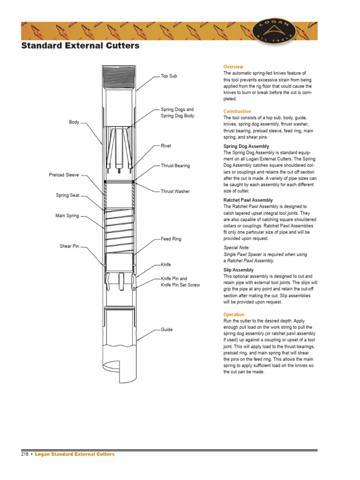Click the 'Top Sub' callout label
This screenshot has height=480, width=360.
[x=169, y=76]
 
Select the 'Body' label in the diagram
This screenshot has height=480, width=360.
[x=74, y=122]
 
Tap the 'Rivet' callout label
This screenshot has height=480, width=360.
[x=166, y=146]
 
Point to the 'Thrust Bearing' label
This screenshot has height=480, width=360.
[x=175, y=166]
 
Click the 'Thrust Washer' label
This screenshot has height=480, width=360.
[x=175, y=191]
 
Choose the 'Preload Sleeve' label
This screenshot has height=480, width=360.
[x=64, y=175]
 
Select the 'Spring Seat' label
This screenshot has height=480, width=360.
[x=67, y=195]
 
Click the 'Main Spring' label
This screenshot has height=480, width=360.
[x=67, y=216]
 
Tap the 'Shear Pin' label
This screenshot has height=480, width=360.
[x=69, y=246]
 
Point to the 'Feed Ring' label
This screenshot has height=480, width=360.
[x=171, y=239]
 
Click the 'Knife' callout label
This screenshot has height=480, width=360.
[x=166, y=264]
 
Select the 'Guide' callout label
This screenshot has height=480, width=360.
[x=166, y=330]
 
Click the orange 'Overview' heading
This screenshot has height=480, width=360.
[x=233, y=67]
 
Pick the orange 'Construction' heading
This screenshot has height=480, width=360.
[x=237, y=112]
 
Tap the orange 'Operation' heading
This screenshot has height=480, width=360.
[x=234, y=315]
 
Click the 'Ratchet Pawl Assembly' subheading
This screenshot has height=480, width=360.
[x=248, y=200]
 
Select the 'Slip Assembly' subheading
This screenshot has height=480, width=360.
[x=238, y=270]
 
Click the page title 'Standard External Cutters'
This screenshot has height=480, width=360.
[x=80, y=46]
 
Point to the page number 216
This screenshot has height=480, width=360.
[x=25, y=454]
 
